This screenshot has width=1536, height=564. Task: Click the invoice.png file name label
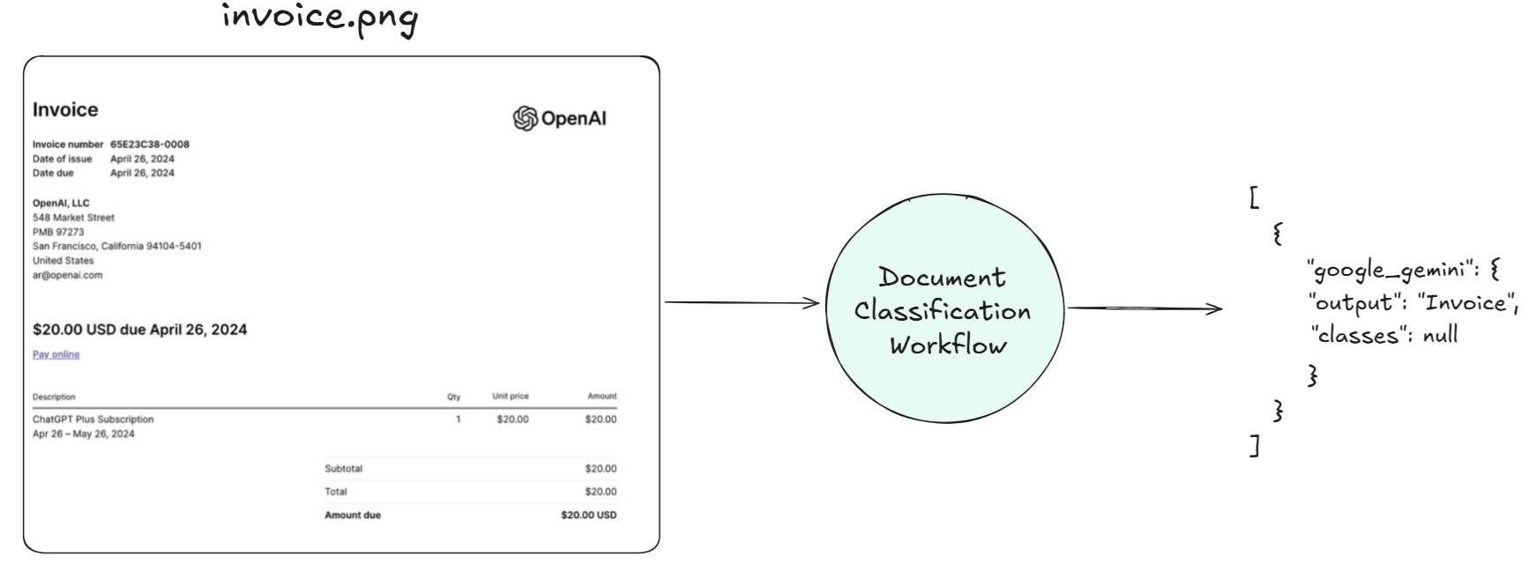(x=319, y=19)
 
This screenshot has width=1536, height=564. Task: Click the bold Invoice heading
(x=65, y=110)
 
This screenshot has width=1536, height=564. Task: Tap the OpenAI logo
(x=560, y=119)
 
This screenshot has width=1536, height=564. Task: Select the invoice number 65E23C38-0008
(x=150, y=145)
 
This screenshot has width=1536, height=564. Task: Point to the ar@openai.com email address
(x=68, y=275)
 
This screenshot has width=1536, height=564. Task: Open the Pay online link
(x=56, y=354)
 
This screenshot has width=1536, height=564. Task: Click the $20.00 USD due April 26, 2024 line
(x=139, y=330)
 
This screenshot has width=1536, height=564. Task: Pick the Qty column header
(x=453, y=397)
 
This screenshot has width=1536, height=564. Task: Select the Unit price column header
(x=511, y=397)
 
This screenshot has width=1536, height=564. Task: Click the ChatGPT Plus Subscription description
(x=93, y=419)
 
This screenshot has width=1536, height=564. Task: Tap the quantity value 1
(x=458, y=419)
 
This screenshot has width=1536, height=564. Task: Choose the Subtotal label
(x=343, y=469)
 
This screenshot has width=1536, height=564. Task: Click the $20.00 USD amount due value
(x=588, y=515)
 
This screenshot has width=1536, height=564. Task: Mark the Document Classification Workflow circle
(x=943, y=311)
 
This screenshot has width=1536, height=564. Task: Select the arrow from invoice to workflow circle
(x=742, y=304)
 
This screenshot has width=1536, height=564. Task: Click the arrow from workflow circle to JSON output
(x=1145, y=308)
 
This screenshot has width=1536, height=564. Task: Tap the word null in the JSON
(x=1441, y=336)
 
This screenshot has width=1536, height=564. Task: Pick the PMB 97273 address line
(x=58, y=232)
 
